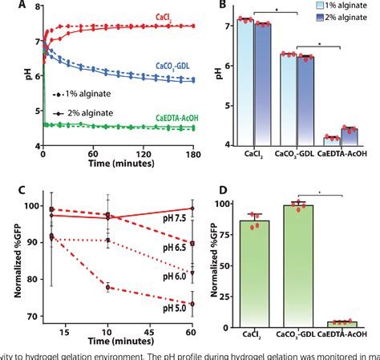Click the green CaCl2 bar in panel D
(261, 273)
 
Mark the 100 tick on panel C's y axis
(30, 206)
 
